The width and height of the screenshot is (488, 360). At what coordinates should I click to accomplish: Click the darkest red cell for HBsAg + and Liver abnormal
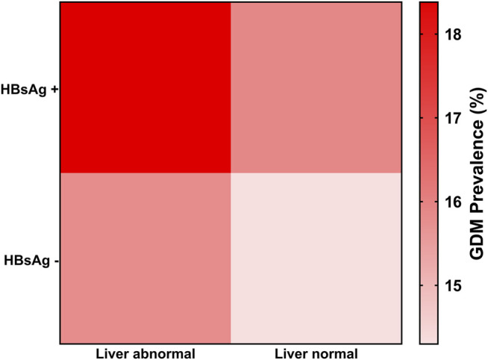coord(146,87)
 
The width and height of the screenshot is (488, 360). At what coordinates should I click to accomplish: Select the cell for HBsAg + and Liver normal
coord(316,87)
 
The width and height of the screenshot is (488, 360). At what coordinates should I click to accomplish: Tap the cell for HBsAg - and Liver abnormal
coord(146,258)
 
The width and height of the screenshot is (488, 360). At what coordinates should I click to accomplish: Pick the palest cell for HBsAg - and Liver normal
coord(316,258)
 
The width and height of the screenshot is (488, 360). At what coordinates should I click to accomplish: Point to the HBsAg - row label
coord(29,261)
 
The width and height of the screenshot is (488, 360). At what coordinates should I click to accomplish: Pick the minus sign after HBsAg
coord(54,261)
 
